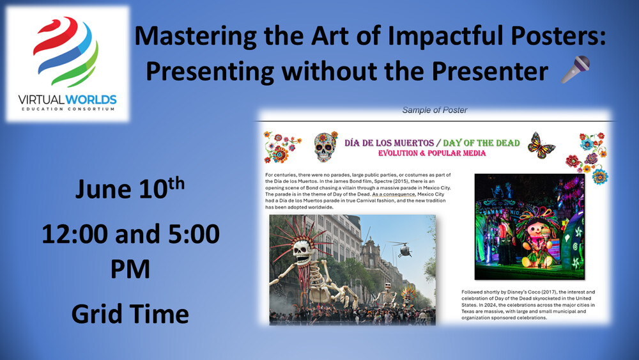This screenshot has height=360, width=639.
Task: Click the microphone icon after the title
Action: click(575, 69)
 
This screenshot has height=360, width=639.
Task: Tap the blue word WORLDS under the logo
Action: click(91, 100)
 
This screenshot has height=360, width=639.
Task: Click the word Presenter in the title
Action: click(489, 72)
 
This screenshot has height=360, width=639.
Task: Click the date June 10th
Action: click(130, 188)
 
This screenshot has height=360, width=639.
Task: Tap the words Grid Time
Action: click(130, 315)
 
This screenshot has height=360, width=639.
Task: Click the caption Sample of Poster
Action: click(435, 110)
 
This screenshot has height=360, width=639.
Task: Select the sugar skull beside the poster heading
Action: click(325, 147)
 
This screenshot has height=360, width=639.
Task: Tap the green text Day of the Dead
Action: click(481, 143)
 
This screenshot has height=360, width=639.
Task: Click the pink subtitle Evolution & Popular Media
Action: click(432, 153)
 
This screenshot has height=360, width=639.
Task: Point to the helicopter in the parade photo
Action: click(403, 248)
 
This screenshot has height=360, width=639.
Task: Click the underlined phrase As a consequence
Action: click(393, 194)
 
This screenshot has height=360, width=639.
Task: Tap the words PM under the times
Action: click(130, 269)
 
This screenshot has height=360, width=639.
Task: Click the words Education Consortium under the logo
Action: click(68, 109)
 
